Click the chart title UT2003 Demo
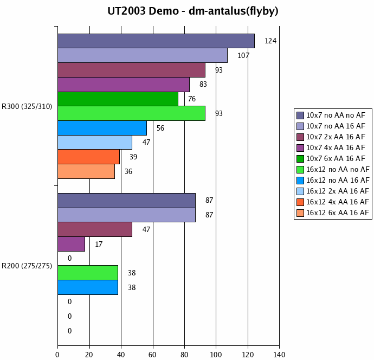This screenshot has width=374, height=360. tap(187, 11)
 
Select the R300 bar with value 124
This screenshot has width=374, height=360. tap(156, 41)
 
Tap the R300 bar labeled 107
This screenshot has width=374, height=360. tap(143, 55)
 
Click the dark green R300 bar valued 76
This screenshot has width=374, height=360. tap(118, 99)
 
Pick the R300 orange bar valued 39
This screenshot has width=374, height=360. tap(88, 157)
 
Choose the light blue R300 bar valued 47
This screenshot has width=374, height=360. tap(95, 142)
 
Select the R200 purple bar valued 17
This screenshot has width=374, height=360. tap(71, 244)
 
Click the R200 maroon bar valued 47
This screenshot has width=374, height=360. tap(95, 229)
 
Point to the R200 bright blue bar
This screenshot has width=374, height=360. tap(88, 287)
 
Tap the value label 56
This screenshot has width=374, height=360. tap(160, 128)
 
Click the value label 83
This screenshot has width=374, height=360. tap(203, 85)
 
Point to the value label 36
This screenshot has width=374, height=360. tap(128, 171)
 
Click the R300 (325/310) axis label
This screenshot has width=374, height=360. tap(27, 106)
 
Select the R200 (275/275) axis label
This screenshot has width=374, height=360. tap(27, 266)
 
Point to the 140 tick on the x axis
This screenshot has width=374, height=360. tap(279, 355)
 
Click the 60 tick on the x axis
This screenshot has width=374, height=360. tap(153, 355)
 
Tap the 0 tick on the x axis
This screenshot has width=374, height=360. tap(57, 355)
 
